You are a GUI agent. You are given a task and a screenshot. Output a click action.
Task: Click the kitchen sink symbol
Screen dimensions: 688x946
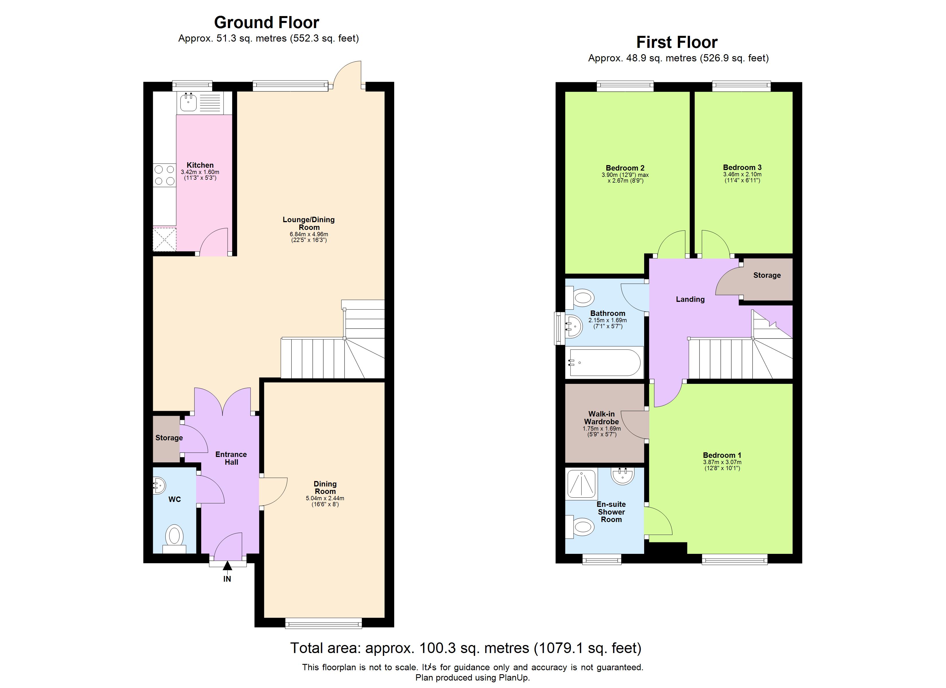coord(189,102)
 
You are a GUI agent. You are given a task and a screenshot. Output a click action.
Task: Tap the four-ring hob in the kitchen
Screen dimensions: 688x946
coord(164,175)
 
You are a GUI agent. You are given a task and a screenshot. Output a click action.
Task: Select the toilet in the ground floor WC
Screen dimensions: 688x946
coord(174,538)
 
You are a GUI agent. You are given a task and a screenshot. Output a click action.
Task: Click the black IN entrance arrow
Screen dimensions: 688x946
coord(227,566)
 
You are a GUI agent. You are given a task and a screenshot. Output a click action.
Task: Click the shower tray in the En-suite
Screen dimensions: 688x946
coord(581,484)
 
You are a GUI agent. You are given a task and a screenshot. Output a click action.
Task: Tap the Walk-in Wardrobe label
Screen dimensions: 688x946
coord(601,418)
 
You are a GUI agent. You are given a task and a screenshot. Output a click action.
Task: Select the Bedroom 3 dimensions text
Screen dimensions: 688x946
coord(742,177)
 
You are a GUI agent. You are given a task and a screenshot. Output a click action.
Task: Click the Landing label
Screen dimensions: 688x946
coord(690,299)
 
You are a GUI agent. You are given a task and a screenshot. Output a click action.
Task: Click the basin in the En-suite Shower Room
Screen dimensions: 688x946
coord(622,476)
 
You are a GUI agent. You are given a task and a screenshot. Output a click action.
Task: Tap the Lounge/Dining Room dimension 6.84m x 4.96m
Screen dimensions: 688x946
coord(309,234)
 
